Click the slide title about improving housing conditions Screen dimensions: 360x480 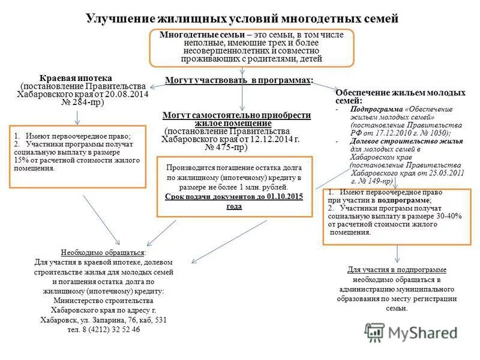[242, 19]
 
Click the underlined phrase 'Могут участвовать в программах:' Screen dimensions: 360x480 [239, 80]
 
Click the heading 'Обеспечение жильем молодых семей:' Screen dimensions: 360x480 [400, 98]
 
